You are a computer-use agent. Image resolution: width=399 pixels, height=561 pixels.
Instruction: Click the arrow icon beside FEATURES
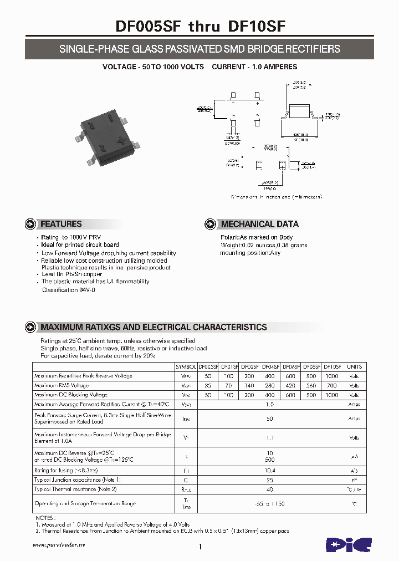pyautogui.click(x=30, y=225)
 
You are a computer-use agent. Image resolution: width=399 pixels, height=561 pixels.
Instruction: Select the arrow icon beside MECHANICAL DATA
pyautogui.click(x=210, y=225)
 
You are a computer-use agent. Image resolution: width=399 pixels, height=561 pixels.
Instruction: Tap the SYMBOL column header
pyautogui.click(x=186, y=366)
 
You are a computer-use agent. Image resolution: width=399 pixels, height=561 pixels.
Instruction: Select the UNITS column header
pyautogui.click(x=354, y=366)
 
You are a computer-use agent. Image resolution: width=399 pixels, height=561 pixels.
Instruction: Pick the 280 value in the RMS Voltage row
pyautogui.click(x=270, y=385)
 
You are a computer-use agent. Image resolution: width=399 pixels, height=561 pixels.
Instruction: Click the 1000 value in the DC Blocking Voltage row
pyautogui.click(x=331, y=395)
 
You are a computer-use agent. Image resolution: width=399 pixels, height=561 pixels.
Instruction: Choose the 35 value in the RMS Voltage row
pyautogui.click(x=208, y=385)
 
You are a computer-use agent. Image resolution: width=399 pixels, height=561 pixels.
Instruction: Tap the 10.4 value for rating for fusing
pyautogui.click(x=270, y=470)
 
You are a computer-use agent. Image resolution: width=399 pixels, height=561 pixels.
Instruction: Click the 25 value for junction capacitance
pyautogui.click(x=270, y=480)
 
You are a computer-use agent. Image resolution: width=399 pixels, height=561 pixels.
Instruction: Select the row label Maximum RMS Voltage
pyautogui.click(x=62, y=385)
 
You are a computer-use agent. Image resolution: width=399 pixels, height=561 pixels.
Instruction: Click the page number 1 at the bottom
pyautogui.click(x=199, y=547)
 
